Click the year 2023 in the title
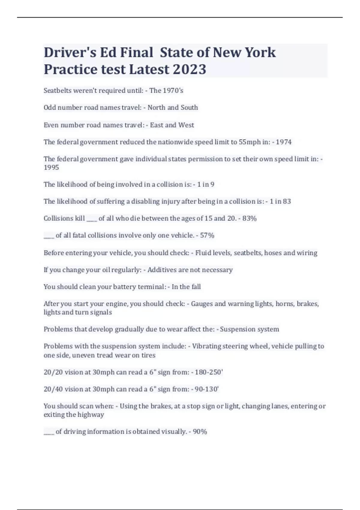click(x=189, y=69)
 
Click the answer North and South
click(x=172, y=107)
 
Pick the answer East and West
click(x=172, y=125)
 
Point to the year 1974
click(x=283, y=142)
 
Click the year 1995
click(x=51, y=167)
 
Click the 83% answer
click(x=249, y=218)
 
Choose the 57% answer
click(x=207, y=235)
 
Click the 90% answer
click(x=200, y=432)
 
